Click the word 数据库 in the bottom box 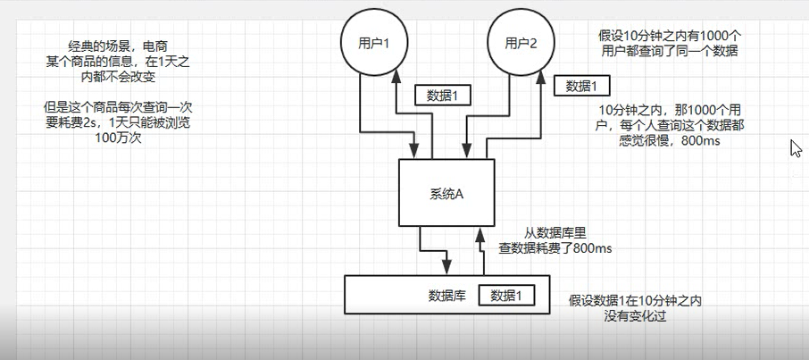[446, 296]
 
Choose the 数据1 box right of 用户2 [581, 86]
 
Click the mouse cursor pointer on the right [796, 148]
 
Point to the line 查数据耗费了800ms [554, 249]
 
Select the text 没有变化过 [635, 316]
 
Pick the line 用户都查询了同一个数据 [669, 52]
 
